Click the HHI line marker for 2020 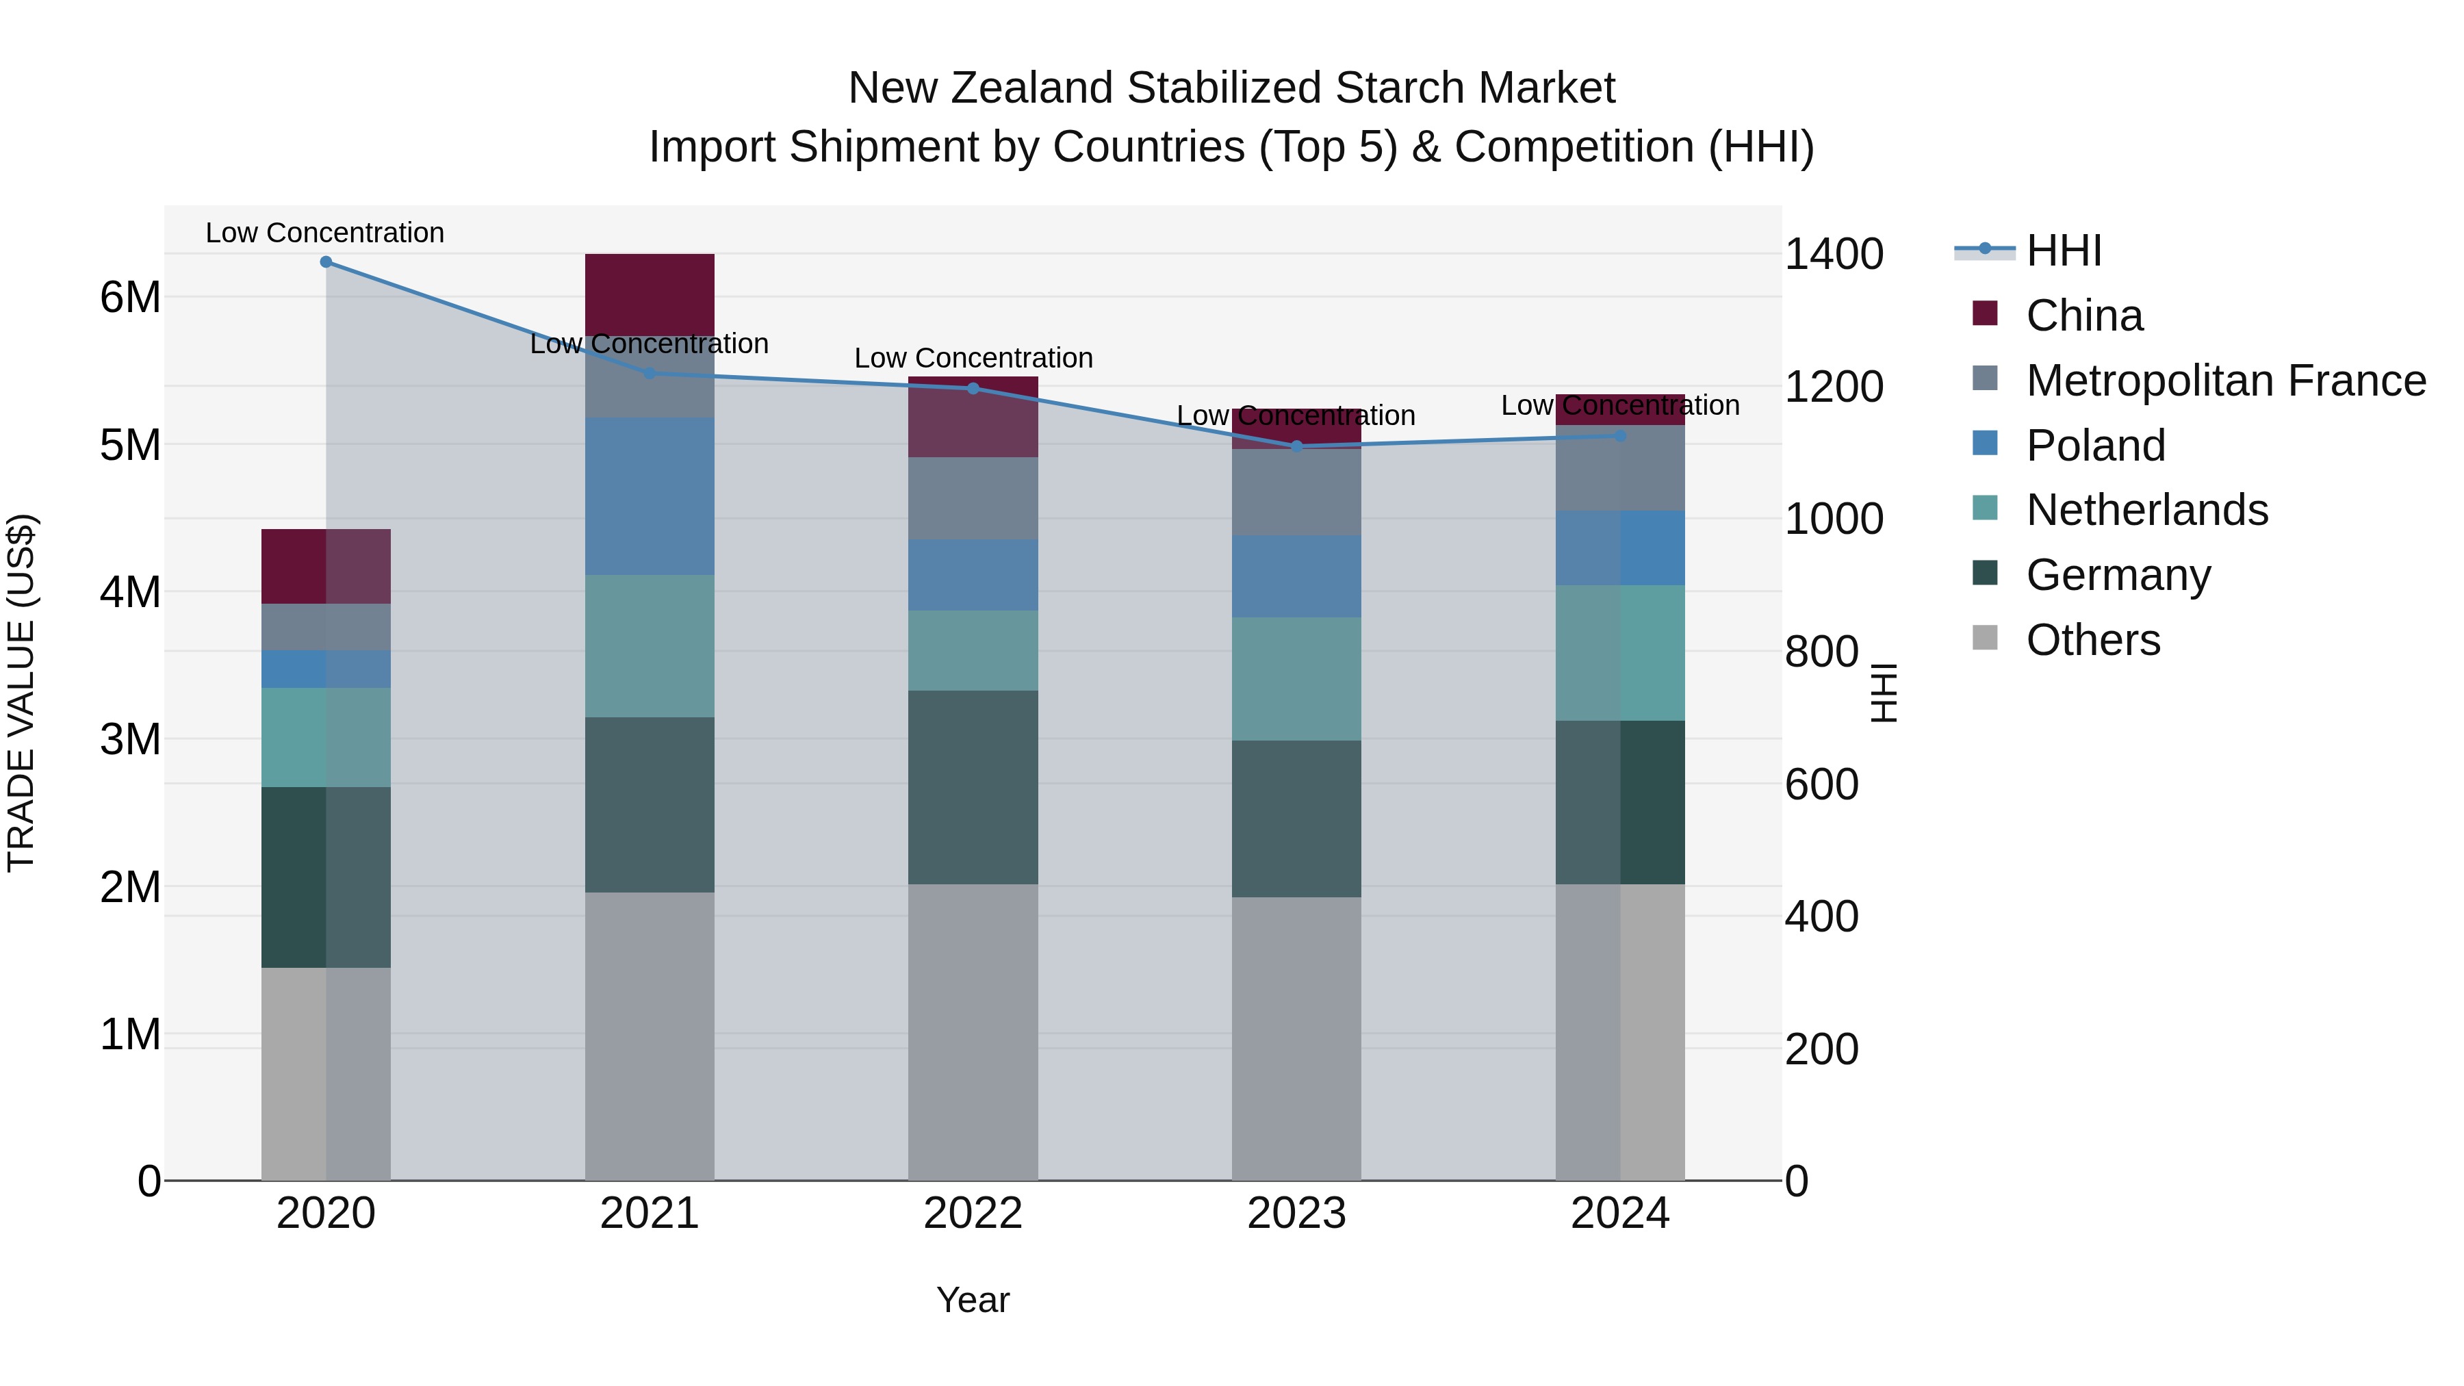click(x=326, y=262)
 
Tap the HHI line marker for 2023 click(x=1297, y=446)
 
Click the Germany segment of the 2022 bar click(x=973, y=786)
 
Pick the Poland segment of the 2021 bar click(x=650, y=496)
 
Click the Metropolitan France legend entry click(x=2226, y=381)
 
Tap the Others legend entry click(x=2093, y=640)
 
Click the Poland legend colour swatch click(x=1985, y=444)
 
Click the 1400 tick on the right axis click(x=1834, y=255)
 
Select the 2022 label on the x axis click(x=973, y=1214)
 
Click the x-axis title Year click(x=973, y=1300)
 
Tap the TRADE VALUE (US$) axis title click(x=22, y=693)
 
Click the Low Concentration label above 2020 click(x=325, y=233)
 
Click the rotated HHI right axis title click(x=1882, y=693)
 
